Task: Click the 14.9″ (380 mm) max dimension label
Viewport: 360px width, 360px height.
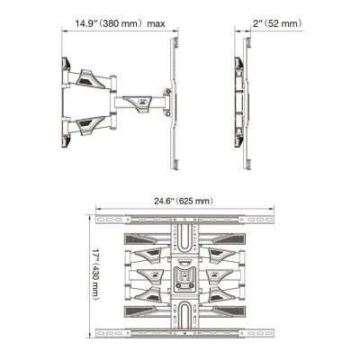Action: (120, 23)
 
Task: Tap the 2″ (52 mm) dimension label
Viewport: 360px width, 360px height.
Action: (277, 23)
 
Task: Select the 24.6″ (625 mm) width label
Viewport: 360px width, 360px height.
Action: (184, 201)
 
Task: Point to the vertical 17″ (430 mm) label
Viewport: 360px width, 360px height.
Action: (95, 274)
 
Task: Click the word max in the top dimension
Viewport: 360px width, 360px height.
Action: (156, 24)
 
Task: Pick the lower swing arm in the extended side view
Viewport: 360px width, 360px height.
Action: (89, 123)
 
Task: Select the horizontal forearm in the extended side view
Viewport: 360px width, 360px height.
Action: (139, 103)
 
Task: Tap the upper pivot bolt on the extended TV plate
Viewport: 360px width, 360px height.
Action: (167, 91)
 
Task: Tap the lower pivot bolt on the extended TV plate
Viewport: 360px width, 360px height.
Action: (167, 113)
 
